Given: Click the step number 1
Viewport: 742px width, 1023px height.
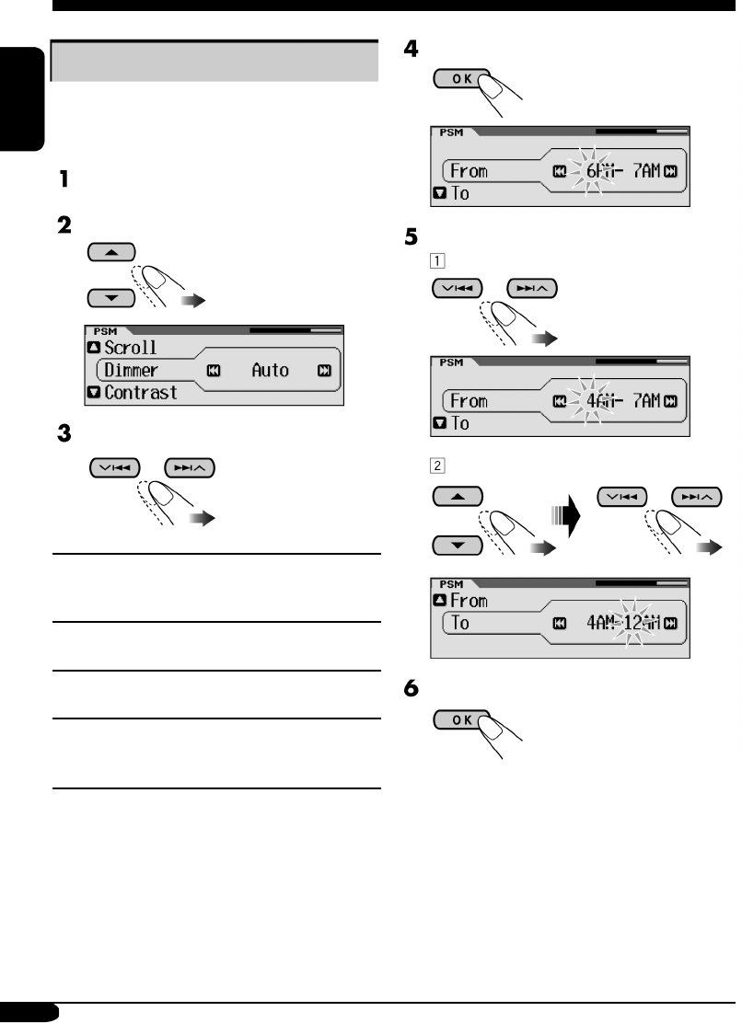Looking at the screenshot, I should [64, 180].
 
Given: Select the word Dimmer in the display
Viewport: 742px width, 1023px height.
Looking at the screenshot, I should [130, 371].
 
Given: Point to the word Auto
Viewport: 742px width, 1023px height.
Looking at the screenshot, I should [270, 371].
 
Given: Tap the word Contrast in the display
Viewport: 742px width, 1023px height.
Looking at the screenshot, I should [142, 393].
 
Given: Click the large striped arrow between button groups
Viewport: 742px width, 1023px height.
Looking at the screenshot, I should [569, 519].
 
